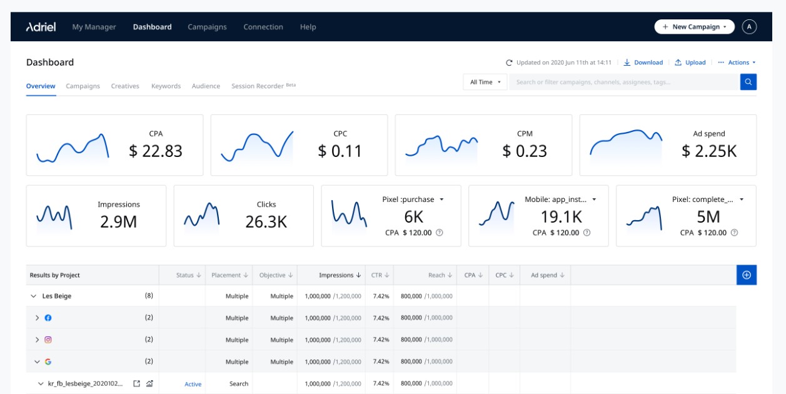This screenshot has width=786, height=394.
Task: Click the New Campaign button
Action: (694, 27)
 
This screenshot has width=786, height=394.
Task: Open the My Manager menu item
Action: (94, 27)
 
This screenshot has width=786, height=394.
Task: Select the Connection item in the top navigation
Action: (263, 27)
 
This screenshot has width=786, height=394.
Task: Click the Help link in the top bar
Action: (308, 27)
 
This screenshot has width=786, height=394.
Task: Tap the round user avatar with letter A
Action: (749, 27)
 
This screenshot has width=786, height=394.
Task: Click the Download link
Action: (643, 63)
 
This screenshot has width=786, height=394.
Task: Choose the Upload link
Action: (690, 63)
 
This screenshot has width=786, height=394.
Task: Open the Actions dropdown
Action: (737, 63)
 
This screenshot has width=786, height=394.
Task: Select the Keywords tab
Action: (166, 86)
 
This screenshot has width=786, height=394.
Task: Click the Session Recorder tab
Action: (258, 86)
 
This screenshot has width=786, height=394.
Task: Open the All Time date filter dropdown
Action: (485, 82)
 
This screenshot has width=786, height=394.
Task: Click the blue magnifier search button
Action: (748, 82)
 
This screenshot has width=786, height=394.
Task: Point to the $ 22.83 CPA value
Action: (156, 151)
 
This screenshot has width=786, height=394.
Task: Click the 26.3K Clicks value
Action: (266, 221)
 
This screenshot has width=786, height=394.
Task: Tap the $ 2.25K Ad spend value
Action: (708, 151)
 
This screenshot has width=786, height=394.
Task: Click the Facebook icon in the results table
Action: (48, 318)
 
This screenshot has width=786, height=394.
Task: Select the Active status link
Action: (193, 384)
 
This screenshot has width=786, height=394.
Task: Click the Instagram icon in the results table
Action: (48, 340)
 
